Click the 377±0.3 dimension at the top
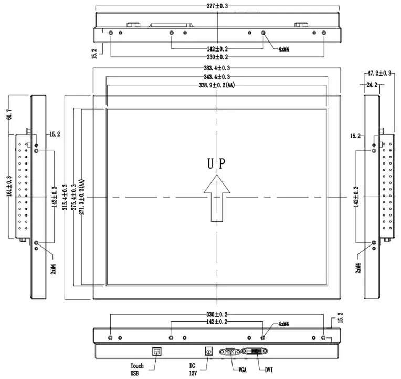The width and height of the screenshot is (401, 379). (x=216, y=6)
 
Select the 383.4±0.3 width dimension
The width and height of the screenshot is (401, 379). (x=216, y=68)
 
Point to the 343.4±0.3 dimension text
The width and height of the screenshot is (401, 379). (x=216, y=77)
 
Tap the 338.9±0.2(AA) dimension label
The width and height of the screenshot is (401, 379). (x=216, y=85)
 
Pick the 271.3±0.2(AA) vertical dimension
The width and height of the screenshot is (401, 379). (x=83, y=197)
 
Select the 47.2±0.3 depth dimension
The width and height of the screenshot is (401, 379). (x=379, y=73)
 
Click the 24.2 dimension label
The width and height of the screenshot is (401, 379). (x=372, y=84)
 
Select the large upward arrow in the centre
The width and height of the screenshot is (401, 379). (x=216, y=199)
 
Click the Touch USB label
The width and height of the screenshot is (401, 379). (x=136, y=369)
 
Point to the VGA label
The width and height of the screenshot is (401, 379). (x=242, y=370)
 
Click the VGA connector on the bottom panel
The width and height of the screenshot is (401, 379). (x=229, y=352)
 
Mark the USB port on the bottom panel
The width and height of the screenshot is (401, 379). (x=156, y=351)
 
